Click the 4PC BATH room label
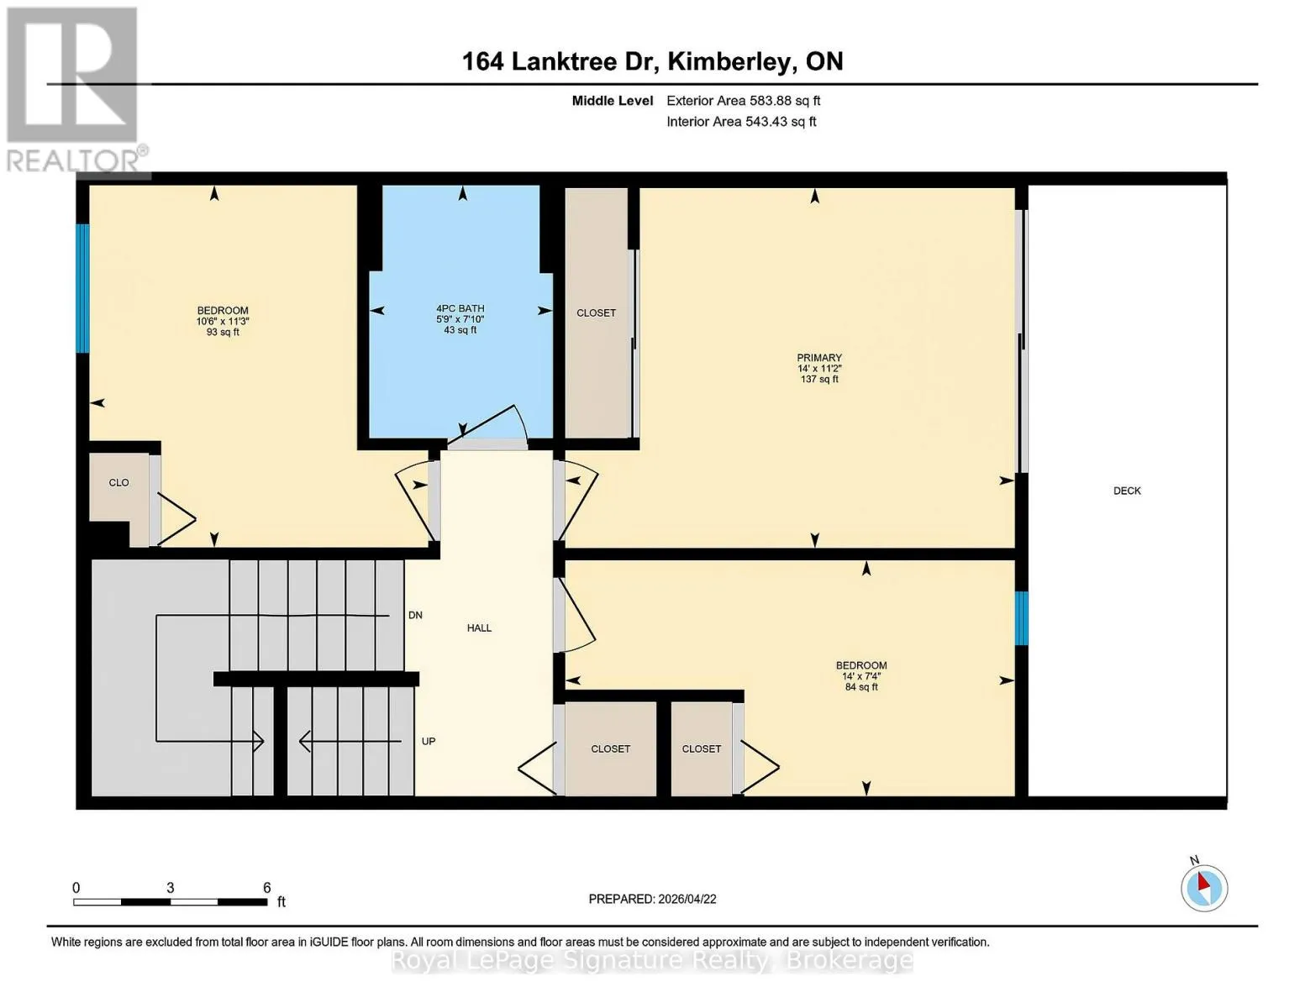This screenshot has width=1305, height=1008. (460, 308)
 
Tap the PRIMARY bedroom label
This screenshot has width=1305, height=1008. (819, 358)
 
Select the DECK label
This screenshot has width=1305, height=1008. (1127, 491)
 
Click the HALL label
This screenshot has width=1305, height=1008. (479, 628)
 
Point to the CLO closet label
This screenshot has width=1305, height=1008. (119, 483)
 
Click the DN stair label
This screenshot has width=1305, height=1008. (416, 616)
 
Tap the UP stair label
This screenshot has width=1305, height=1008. (429, 742)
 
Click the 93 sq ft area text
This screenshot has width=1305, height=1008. (223, 332)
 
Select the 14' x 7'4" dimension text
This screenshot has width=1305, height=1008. (861, 676)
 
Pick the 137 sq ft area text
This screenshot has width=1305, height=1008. (819, 380)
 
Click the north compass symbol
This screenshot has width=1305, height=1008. (1204, 888)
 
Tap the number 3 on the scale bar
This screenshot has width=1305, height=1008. (171, 887)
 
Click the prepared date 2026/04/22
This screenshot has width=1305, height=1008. (687, 899)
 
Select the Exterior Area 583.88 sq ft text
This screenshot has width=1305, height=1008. (744, 101)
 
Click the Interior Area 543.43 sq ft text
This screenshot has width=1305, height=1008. (742, 122)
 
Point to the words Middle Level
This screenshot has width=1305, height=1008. (613, 101)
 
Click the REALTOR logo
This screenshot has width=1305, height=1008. (76, 90)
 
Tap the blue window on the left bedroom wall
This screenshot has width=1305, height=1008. (82, 288)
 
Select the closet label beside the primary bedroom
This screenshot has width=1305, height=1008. (596, 312)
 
